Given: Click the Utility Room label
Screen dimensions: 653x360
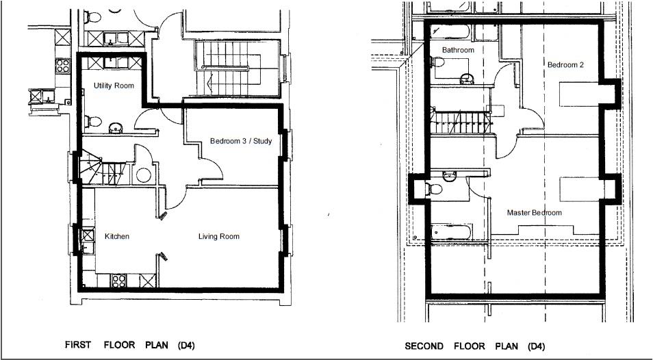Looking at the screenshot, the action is (114, 86).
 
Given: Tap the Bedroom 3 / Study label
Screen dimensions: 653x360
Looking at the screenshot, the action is (241, 141).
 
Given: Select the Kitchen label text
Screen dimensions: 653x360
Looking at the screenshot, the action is (117, 236).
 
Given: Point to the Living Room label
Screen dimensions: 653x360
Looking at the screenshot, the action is (218, 236).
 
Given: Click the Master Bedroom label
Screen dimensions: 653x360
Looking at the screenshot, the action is (535, 213).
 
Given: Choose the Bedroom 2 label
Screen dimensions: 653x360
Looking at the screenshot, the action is (565, 65).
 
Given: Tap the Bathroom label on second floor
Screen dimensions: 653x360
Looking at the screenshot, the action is (458, 51).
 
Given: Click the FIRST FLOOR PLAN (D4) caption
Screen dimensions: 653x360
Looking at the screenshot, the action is (130, 345).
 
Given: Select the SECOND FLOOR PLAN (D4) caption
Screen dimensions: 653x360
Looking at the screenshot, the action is (475, 346).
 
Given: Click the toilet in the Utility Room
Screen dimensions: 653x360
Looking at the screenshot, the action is (93, 122).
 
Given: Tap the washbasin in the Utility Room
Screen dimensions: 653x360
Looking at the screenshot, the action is (116, 128).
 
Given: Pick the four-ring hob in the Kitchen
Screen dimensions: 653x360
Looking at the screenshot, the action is (118, 281).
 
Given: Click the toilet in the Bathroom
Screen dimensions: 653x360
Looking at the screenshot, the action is (437, 62).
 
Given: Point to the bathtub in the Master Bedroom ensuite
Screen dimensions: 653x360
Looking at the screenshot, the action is (451, 232).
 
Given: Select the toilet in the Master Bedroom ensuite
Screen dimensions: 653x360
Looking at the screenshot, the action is (433, 190).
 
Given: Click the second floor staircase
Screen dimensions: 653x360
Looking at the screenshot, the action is (461, 123).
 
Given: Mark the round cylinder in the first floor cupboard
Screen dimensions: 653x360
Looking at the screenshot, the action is (143, 175).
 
